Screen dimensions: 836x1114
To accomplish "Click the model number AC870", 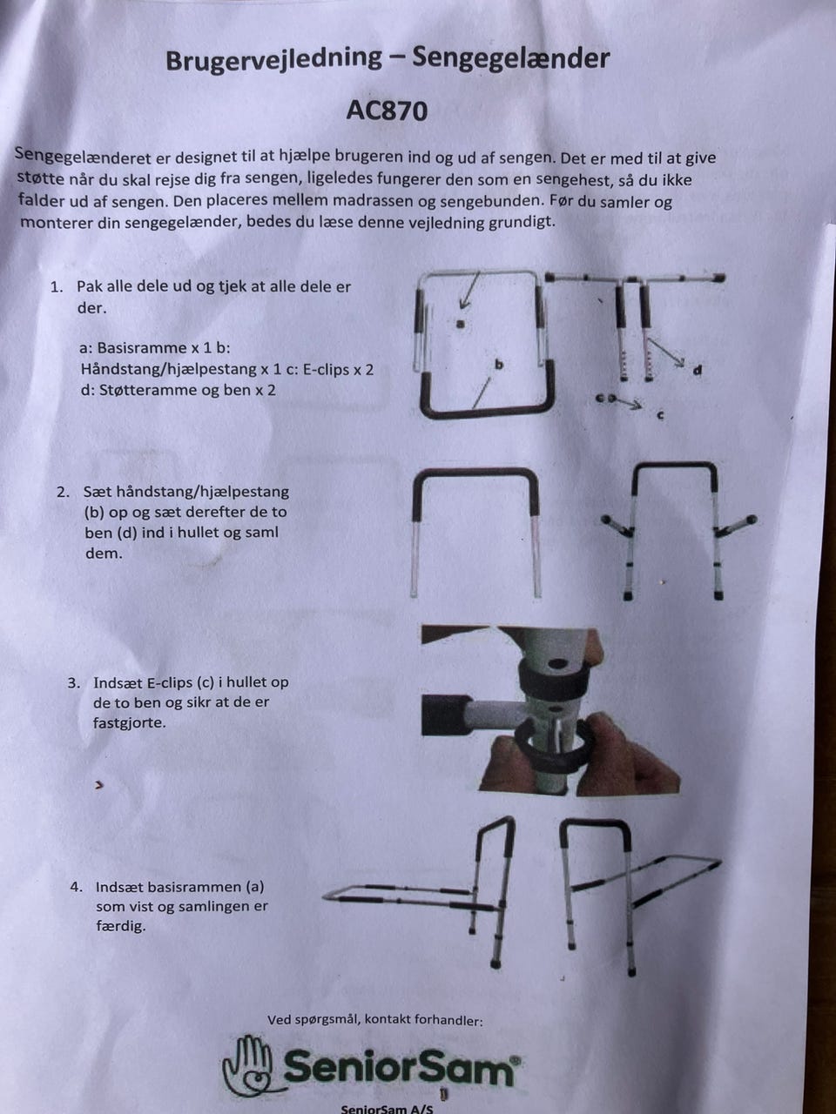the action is pyautogui.click(x=387, y=111).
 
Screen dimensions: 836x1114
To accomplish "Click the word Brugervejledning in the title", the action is pyautogui.click(x=273, y=59).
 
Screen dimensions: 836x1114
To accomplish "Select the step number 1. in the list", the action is pyautogui.click(x=57, y=287).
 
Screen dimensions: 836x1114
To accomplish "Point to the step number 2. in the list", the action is pyautogui.click(x=63, y=493).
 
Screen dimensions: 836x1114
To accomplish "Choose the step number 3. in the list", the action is pyautogui.click(x=74, y=683).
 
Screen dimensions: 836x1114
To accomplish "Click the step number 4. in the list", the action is pyautogui.click(x=76, y=887).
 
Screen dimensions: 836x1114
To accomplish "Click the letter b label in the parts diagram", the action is pyautogui.click(x=499, y=364).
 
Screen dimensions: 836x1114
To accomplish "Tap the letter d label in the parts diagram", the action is pyautogui.click(x=698, y=371).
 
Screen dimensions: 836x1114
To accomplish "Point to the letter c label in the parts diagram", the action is pyautogui.click(x=660, y=416).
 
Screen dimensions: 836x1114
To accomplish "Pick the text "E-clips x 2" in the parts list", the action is pyautogui.click(x=338, y=370).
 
